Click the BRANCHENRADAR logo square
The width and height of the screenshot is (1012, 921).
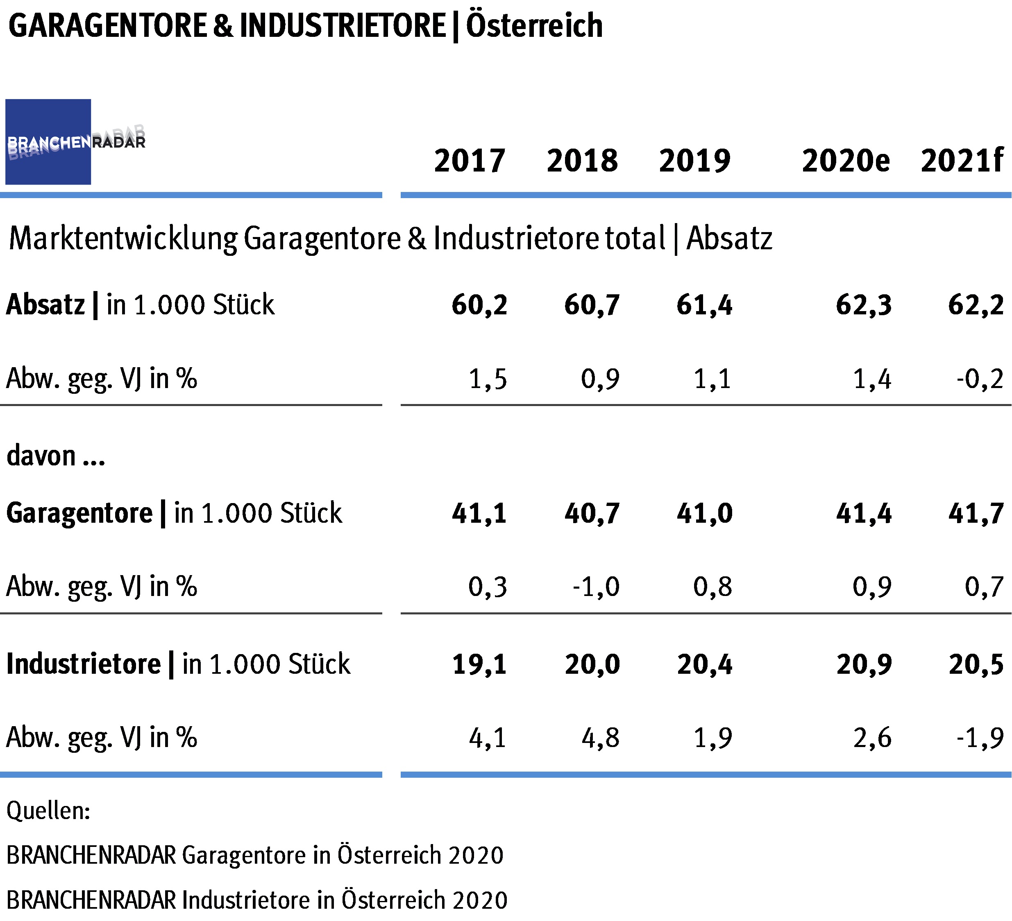click(x=48, y=142)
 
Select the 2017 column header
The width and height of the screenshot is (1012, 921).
click(x=470, y=161)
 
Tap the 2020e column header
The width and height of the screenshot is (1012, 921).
click(x=845, y=161)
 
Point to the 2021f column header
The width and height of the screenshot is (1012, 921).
click(x=961, y=161)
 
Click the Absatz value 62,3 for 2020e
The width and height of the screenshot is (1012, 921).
click(x=863, y=305)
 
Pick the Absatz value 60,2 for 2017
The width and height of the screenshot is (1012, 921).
click(x=479, y=305)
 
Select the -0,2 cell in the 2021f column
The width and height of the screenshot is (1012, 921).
click(x=979, y=379)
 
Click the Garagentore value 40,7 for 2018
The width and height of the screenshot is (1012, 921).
click(x=592, y=513)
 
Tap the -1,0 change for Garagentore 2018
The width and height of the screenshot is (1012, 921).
click(x=596, y=587)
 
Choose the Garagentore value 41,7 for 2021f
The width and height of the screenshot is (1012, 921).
click(x=976, y=513)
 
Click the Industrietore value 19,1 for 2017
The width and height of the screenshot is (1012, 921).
click(x=479, y=664)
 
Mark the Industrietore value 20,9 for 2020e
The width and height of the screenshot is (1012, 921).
click(x=863, y=664)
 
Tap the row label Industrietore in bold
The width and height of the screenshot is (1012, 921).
click(x=83, y=664)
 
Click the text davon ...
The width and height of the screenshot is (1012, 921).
click(x=41, y=456)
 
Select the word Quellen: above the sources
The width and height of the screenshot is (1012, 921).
click(x=48, y=810)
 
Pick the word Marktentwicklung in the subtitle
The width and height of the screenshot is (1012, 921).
click(x=123, y=238)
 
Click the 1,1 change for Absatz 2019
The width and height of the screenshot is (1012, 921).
click(x=712, y=379)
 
